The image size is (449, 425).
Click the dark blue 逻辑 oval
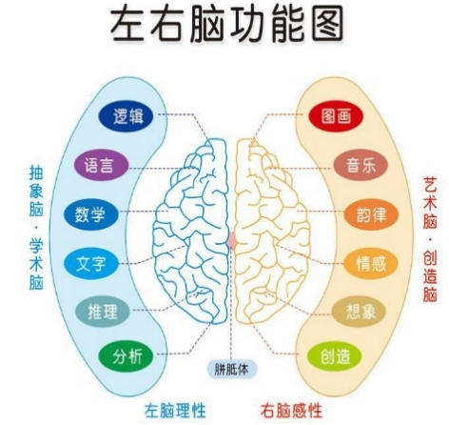tap(126, 116)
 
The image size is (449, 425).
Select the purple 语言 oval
tap(102, 166)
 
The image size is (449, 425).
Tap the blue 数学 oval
tap(91, 214)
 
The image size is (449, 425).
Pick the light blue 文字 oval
tap(91, 263)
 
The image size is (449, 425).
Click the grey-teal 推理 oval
tap(103, 312)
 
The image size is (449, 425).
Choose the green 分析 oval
tap(126, 356)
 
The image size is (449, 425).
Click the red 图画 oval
tap(336, 116)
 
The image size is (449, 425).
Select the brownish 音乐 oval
tap(361, 166)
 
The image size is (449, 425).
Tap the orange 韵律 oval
tap(371, 214)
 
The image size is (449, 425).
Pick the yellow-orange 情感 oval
tap(371, 263)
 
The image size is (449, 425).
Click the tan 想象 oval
tap(359, 312)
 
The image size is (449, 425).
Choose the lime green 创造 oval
tap(335, 356)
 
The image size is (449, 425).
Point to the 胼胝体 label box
tap(232, 370)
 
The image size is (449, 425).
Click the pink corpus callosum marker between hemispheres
tap(232, 240)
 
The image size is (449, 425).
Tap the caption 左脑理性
tap(175, 411)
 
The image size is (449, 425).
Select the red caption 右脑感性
tap(291, 411)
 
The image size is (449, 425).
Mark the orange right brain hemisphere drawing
tap(272, 232)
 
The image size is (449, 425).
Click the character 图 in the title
tap(327, 25)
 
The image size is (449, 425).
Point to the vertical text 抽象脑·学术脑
tap(36, 228)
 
